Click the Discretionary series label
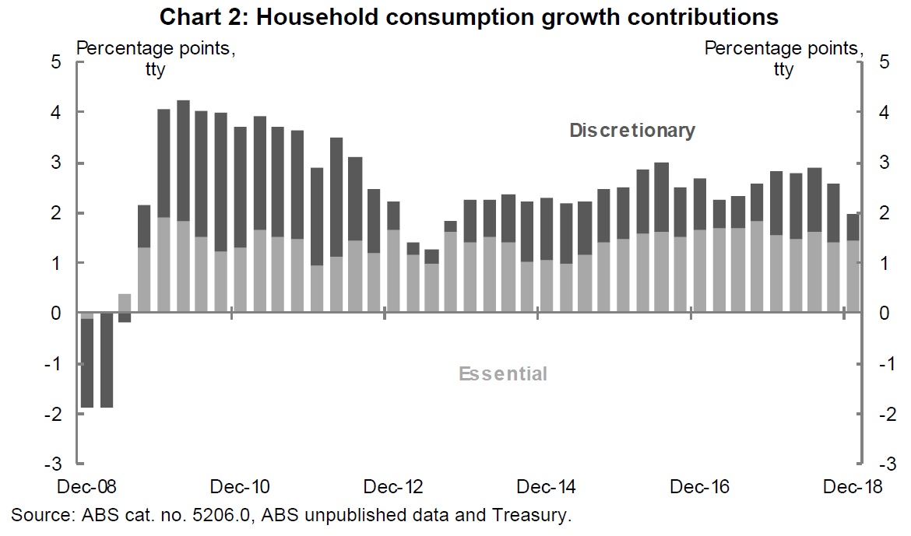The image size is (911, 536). tap(631, 130)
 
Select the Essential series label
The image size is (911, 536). tap(503, 374)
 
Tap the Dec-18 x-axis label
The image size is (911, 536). tap(853, 488)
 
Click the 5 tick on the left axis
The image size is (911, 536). tap(56, 62)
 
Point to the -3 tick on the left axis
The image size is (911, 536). tap(53, 464)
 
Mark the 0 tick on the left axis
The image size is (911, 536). tap(56, 314)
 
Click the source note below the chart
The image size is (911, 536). tap(292, 514)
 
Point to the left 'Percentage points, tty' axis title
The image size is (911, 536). tap(156, 58)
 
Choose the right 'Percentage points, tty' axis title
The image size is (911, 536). tap(783, 58)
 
